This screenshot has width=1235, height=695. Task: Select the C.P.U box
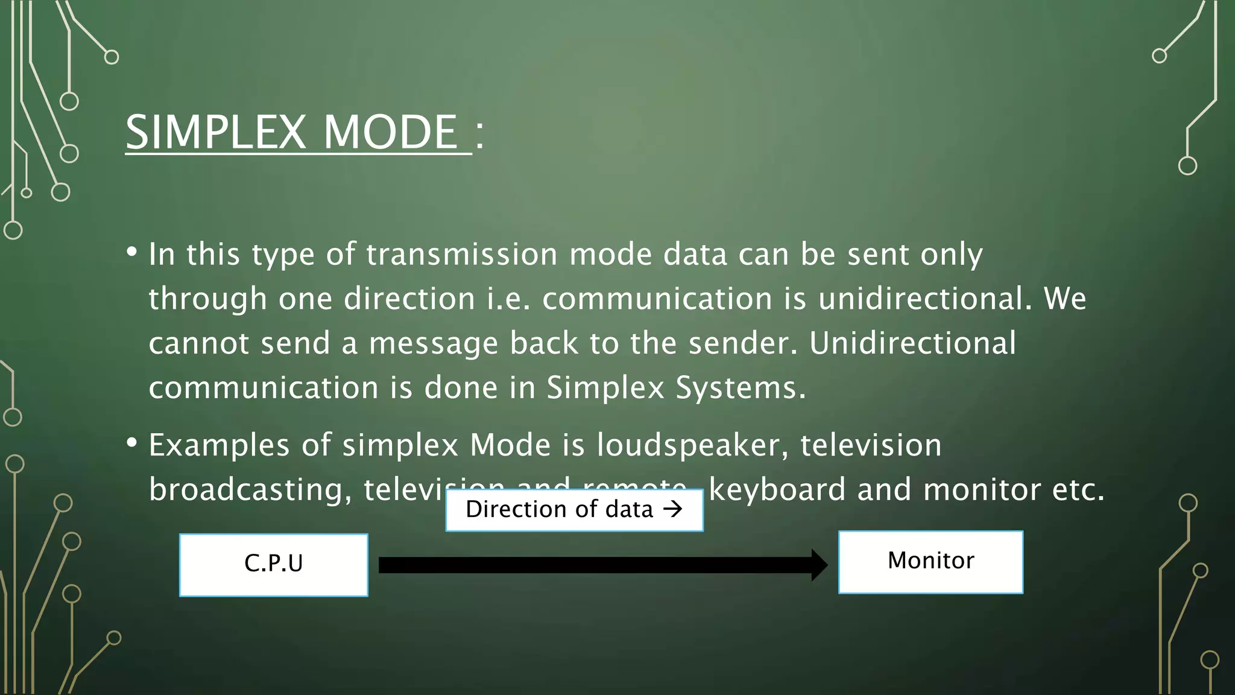pos(274,565)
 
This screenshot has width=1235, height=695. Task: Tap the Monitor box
pos(930,562)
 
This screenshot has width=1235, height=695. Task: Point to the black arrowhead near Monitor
pos(819,565)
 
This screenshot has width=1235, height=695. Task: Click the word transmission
pos(462,254)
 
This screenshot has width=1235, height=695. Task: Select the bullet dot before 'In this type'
pos(132,252)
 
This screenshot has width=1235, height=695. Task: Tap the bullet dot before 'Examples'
pos(132,443)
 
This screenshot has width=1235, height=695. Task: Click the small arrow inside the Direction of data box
pos(672,509)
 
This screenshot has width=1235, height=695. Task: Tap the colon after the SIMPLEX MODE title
pos(479,134)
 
